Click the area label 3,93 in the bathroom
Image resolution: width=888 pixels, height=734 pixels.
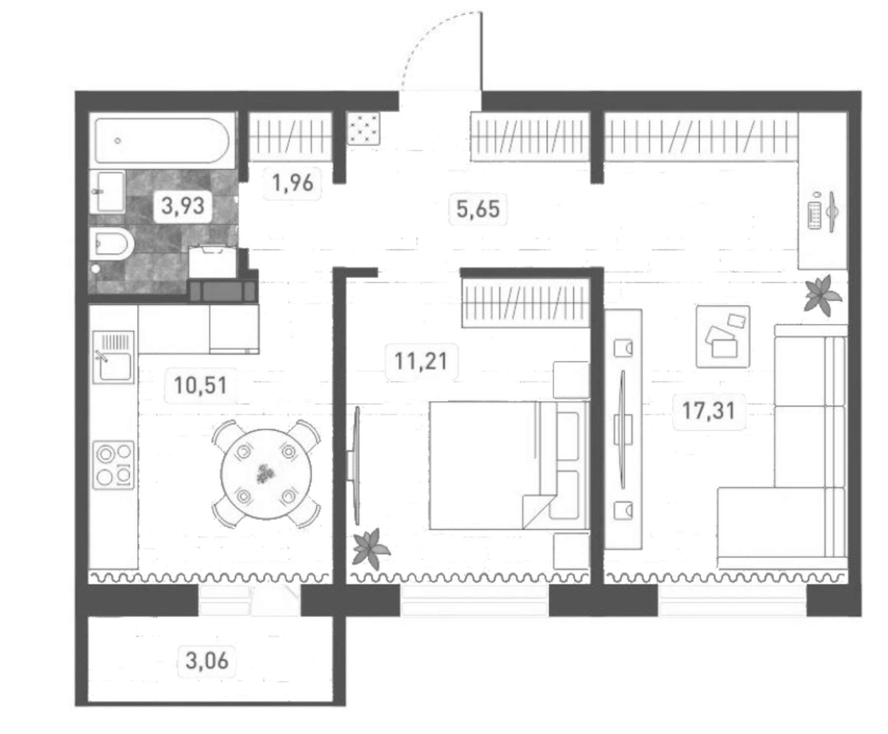[x=183, y=206]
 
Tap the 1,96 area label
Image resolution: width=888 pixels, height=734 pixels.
[x=293, y=183]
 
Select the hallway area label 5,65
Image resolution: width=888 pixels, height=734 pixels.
[x=478, y=209]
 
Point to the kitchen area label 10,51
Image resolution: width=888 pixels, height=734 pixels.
[x=200, y=385]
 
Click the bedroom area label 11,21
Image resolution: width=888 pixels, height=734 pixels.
[x=421, y=362]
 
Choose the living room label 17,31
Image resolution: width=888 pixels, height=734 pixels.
[x=708, y=410]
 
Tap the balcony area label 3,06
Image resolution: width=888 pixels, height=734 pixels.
[x=207, y=661]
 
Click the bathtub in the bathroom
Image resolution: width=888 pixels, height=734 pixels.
[x=162, y=140]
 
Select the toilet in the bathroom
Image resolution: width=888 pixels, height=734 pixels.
[x=112, y=243]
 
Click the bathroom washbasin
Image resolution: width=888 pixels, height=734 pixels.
[x=107, y=191]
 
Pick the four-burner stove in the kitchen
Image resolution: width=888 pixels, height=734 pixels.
[x=114, y=465]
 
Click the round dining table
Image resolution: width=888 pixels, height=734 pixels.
[x=266, y=474]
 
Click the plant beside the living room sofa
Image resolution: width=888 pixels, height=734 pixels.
[x=821, y=295]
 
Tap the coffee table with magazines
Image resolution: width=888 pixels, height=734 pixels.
[x=722, y=336]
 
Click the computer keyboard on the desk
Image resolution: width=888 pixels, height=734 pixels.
[x=814, y=215]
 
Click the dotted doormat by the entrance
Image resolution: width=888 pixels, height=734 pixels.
[x=364, y=128]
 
